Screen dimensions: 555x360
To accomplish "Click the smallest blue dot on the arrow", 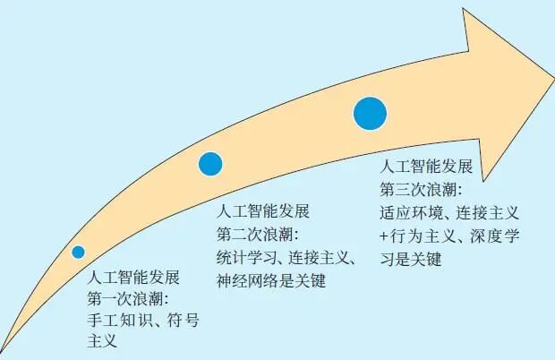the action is [x=79, y=252].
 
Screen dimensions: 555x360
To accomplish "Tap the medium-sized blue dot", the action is [x=210, y=163].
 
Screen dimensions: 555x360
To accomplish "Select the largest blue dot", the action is [x=370, y=113].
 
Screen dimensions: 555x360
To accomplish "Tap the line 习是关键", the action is [x=411, y=260].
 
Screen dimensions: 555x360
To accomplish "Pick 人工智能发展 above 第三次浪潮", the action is [x=426, y=167].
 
